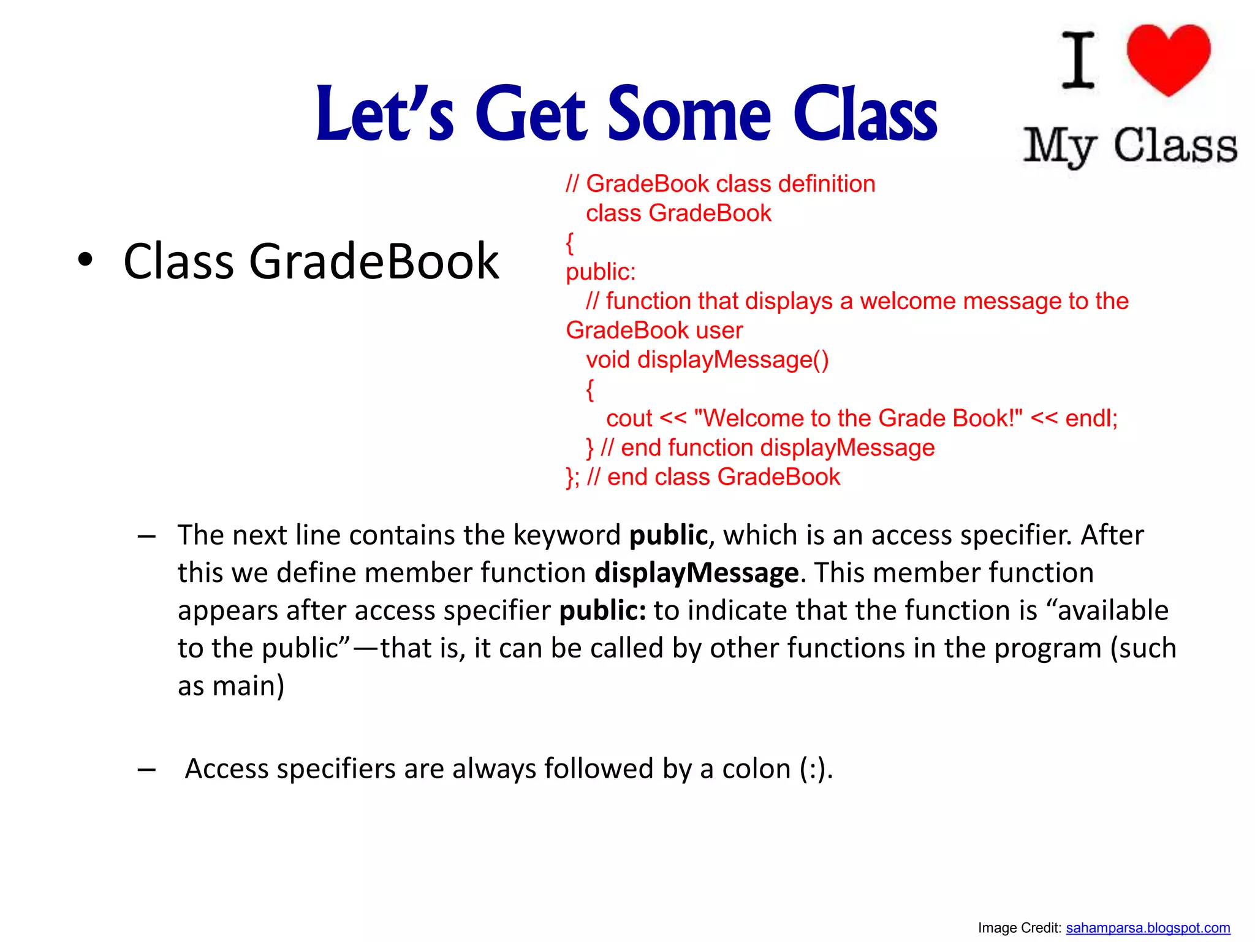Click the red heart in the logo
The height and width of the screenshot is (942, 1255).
click(1168, 58)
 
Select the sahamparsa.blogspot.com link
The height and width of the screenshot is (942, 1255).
click(1148, 928)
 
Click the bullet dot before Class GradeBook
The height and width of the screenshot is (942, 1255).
click(85, 260)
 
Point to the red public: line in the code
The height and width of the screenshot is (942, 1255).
click(601, 272)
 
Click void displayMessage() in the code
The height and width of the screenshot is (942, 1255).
click(707, 359)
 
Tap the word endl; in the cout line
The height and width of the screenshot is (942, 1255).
click(1091, 418)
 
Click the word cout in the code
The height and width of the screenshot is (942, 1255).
click(629, 418)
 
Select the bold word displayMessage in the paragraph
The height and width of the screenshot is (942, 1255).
click(697, 573)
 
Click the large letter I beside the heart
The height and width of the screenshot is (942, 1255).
click(1079, 60)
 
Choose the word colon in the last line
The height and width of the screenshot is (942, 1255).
click(756, 768)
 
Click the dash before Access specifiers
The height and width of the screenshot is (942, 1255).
click(146, 769)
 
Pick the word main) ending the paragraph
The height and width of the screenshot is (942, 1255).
click(248, 686)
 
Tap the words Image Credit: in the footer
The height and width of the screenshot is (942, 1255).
click(1019, 928)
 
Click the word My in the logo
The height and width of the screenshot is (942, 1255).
click(1060, 147)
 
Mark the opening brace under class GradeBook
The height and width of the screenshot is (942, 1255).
click(570, 243)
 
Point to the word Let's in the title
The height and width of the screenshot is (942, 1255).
click(384, 114)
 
